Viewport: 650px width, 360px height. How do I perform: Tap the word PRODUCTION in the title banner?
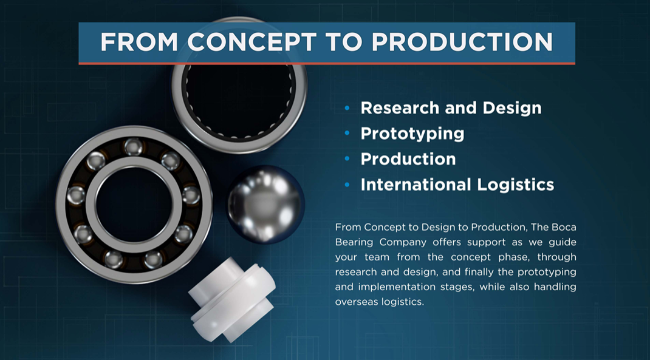(x=462, y=42)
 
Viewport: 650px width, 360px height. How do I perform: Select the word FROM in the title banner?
(x=139, y=42)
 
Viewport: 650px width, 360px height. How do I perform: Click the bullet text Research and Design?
(x=451, y=108)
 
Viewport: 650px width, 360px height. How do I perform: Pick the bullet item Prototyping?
(x=412, y=134)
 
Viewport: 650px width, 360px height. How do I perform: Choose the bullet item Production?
(x=408, y=159)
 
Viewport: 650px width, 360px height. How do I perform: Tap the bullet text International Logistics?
(x=457, y=185)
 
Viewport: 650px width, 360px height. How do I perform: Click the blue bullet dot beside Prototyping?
(x=347, y=134)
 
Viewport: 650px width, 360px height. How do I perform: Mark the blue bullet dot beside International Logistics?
(x=347, y=185)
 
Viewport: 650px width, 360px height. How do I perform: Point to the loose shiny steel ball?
(x=265, y=203)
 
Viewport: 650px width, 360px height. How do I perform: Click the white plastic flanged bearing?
(x=232, y=299)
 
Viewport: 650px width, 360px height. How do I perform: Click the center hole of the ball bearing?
(x=134, y=205)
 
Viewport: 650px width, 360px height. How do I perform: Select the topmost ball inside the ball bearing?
(x=134, y=147)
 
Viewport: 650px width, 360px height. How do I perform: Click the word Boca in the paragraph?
(x=564, y=227)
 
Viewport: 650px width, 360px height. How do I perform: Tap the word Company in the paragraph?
(x=403, y=242)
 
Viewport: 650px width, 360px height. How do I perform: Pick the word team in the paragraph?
(x=377, y=257)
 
